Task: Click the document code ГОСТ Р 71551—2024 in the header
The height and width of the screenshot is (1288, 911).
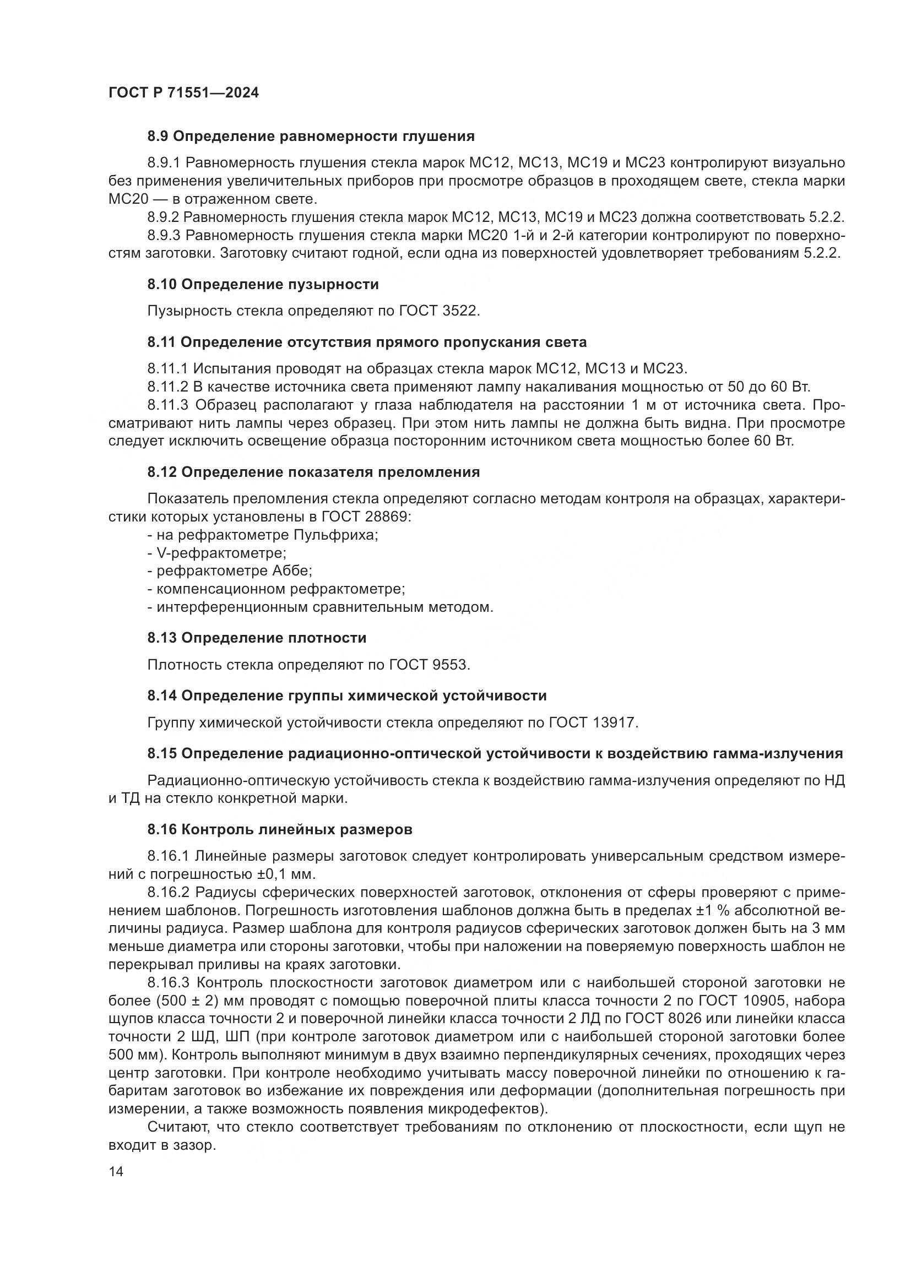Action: coord(183,93)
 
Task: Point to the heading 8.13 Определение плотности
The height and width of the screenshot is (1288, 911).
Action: coord(257,638)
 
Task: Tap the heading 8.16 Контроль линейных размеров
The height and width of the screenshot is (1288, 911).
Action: coord(280,829)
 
